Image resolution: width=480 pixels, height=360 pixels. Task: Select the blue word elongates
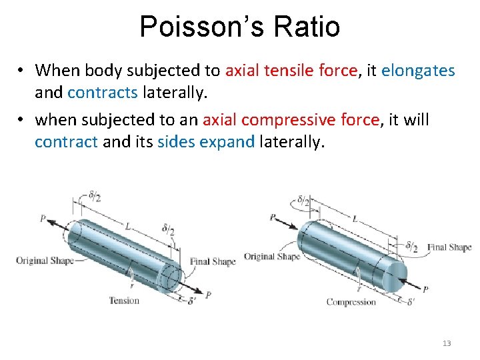tap(418, 70)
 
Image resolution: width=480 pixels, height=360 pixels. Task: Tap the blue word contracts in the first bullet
tap(103, 92)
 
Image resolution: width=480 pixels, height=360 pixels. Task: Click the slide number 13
tap(447, 343)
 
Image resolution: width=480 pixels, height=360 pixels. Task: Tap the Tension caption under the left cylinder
tap(125, 300)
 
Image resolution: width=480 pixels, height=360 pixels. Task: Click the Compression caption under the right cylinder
tap(351, 302)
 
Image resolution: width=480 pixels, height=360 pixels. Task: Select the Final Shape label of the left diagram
tap(213, 262)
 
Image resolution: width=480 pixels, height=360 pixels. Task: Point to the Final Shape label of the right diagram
tap(449, 247)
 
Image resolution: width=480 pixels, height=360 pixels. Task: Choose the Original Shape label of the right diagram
tap(272, 257)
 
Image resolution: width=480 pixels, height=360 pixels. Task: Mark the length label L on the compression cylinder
tap(355, 218)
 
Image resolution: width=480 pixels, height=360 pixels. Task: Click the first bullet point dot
tap(22, 70)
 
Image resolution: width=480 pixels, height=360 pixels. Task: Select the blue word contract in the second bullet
tap(67, 141)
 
